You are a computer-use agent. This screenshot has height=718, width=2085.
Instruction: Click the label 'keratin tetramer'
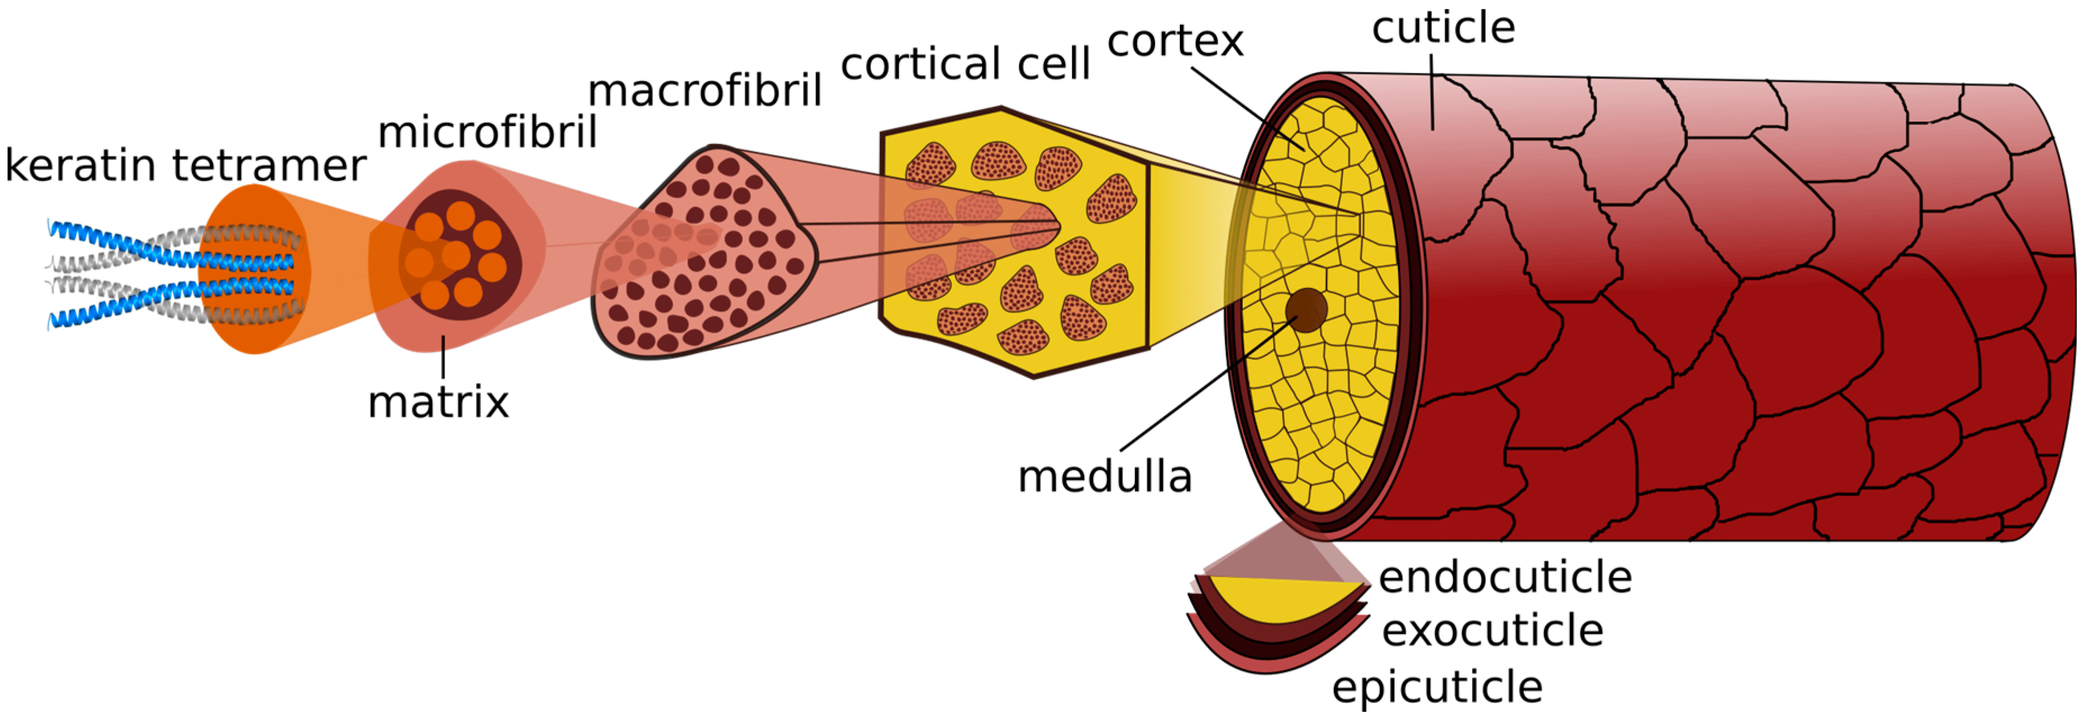185,166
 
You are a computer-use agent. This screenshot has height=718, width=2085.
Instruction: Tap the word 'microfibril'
487,132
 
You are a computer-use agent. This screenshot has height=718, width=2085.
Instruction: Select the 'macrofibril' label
705,90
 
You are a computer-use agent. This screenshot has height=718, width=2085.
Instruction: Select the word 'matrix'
438,402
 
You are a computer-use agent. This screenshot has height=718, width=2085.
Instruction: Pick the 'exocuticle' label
1492,630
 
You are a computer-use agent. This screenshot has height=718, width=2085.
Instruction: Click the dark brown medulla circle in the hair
1306,310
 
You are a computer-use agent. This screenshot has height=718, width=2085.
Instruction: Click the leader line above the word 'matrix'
443,356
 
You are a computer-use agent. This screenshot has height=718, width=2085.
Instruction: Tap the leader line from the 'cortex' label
1247,110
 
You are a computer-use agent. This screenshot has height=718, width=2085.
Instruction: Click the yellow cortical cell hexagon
1014,242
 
